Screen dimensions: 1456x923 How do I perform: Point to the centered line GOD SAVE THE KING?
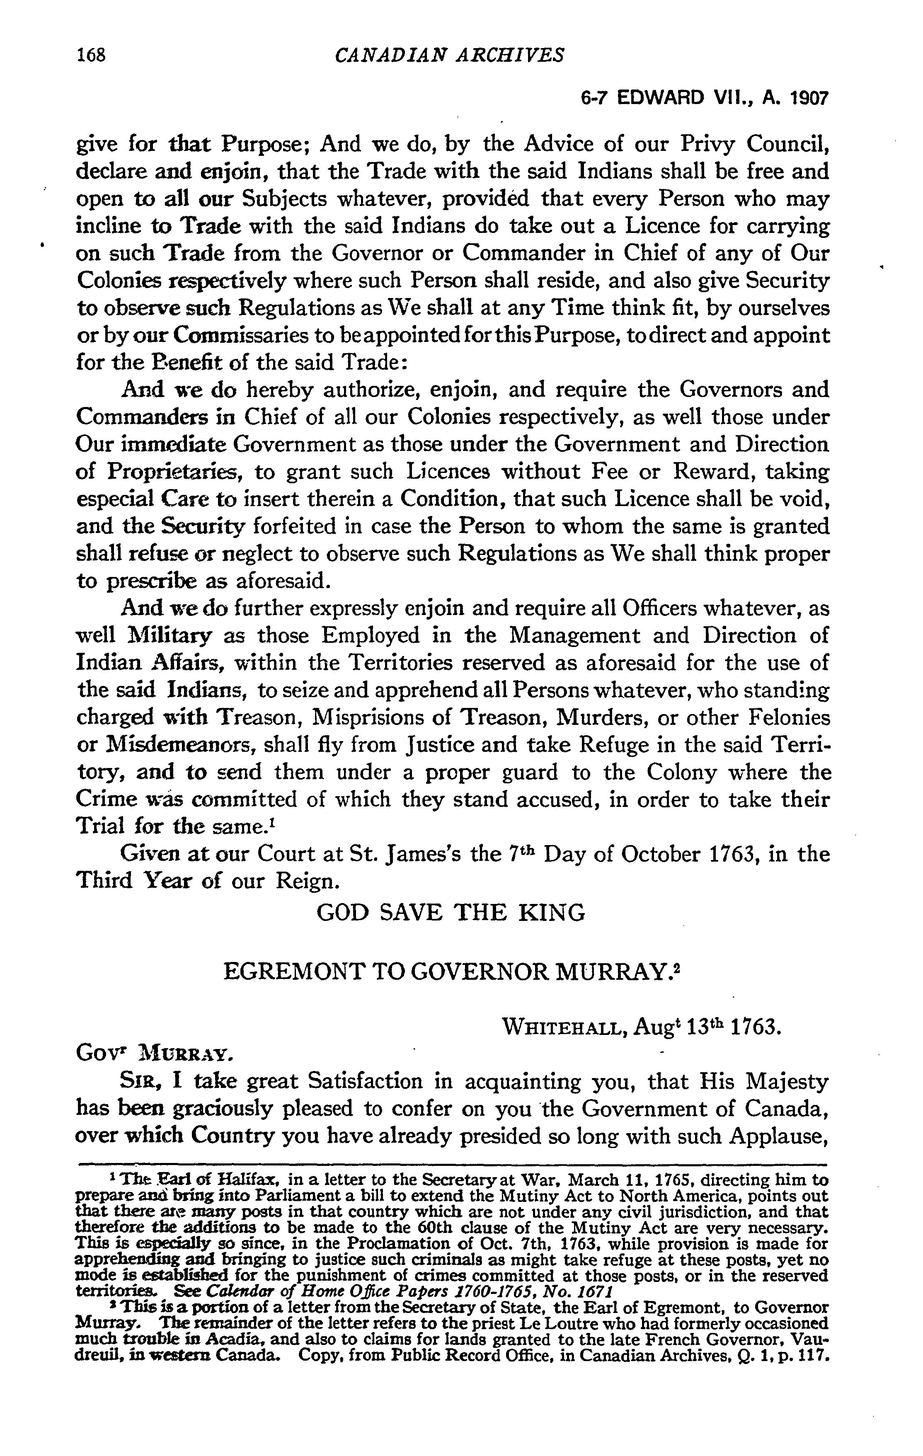(x=451, y=912)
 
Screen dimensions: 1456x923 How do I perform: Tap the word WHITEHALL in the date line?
(x=563, y=1029)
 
